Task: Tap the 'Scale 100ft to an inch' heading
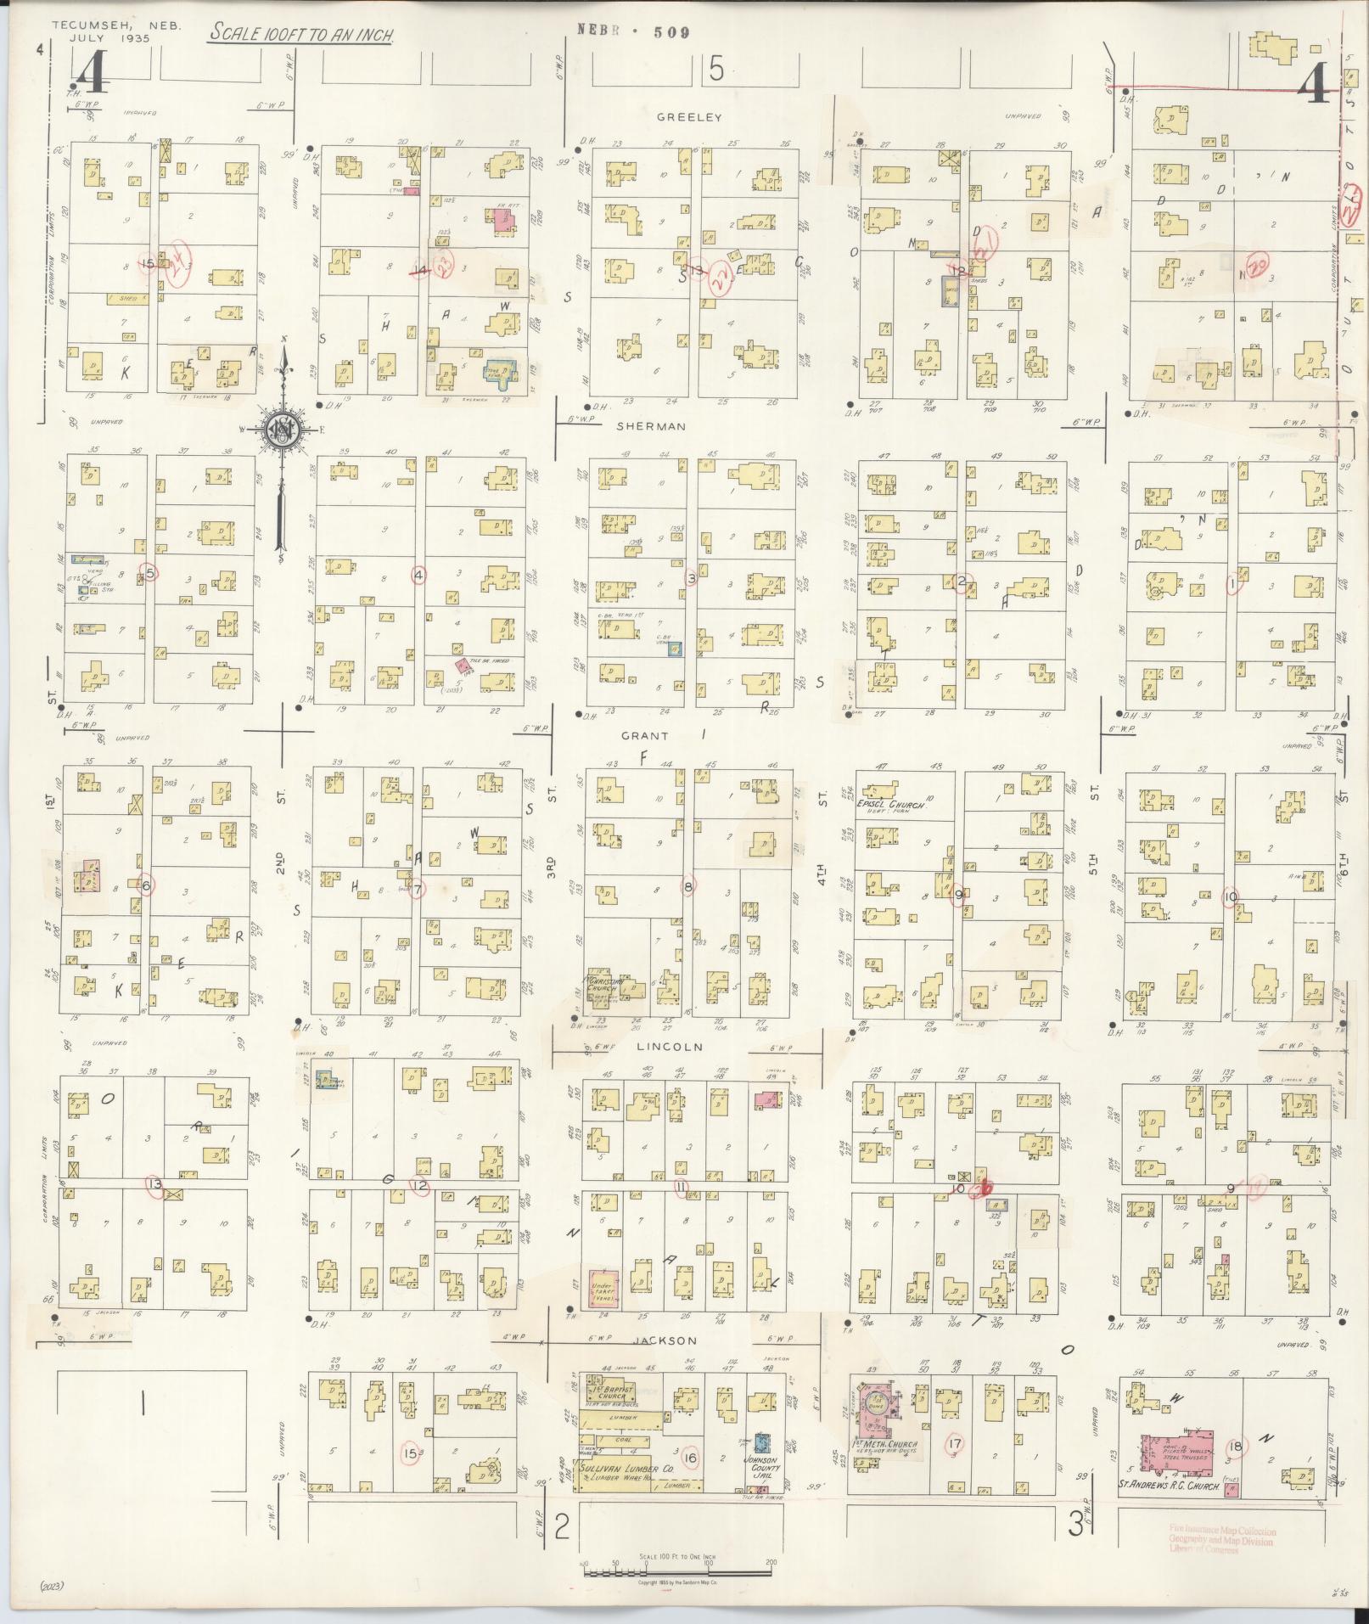click(x=300, y=33)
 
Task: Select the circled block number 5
click(x=150, y=573)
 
